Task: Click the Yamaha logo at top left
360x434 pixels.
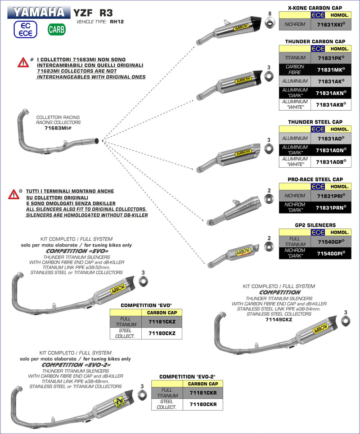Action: [39, 12]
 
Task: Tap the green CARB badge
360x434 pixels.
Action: [57, 30]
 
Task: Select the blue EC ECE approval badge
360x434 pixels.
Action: [26, 30]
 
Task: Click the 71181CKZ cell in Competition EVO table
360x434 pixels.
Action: [162, 322]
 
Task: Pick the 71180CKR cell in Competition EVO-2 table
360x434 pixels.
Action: [203, 404]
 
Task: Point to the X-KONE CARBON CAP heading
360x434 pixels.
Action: [315, 8]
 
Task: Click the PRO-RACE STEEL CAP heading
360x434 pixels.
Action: [315, 179]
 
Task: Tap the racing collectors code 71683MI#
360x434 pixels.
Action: [58, 128]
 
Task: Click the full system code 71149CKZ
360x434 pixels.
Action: [279, 320]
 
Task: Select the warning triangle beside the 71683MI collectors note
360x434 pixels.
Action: [23, 63]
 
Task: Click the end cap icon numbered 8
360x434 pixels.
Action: [270, 22]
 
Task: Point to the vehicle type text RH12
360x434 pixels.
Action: [117, 21]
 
